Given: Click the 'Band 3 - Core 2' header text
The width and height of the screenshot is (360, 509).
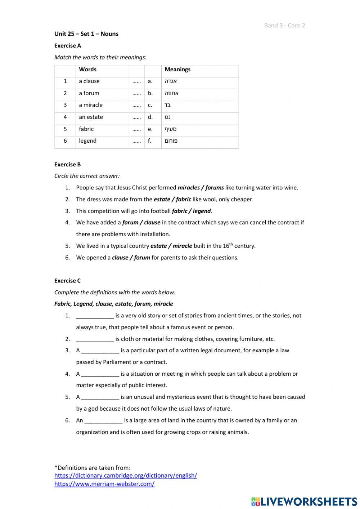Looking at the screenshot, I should click(284, 25).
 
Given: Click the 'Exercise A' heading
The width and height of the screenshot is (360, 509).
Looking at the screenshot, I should click(68, 46).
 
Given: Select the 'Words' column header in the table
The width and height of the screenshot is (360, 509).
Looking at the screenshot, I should click(88, 70).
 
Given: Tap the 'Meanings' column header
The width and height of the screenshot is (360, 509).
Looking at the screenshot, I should click(177, 70).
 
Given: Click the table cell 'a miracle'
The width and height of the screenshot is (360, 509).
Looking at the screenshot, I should click(91, 105).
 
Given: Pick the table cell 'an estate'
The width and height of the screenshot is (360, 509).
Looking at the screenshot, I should click(91, 117).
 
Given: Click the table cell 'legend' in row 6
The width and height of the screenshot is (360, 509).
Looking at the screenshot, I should click(88, 141).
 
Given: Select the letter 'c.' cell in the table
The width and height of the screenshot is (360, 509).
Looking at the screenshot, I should click(150, 105).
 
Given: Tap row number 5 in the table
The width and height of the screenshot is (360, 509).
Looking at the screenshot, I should click(65, 129).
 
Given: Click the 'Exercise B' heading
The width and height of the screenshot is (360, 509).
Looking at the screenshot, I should click(68, 165).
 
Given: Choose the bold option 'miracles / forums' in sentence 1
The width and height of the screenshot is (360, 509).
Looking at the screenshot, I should click(201, 188).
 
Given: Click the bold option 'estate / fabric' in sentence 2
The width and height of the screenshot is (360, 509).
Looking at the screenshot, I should click(172, 199).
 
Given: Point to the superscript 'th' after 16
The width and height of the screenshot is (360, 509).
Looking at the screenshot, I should click(231, 244).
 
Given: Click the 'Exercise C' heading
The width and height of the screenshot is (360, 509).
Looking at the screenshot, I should click(68, 281).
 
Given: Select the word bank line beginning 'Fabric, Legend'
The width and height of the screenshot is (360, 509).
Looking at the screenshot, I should click(114, 304).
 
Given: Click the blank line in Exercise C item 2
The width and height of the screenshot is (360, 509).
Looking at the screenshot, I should click(95, 339).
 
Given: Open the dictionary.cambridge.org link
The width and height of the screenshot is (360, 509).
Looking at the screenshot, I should click(126, 475).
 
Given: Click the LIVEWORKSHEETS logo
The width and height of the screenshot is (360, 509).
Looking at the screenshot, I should click(304, 501).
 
